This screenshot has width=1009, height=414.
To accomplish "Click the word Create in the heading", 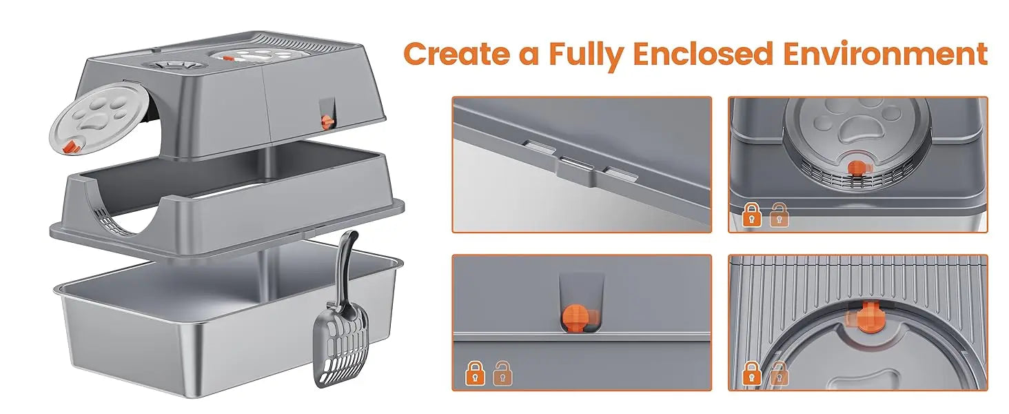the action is [x=457, y=54].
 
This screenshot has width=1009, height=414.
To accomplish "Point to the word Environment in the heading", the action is [x=886, y=54].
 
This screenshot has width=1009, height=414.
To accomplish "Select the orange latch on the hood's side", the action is [x=326, y=121].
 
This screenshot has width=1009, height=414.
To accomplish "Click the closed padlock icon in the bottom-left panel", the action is [x=476, y=373].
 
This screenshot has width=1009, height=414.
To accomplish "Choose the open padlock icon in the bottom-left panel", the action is [x=502, y=373].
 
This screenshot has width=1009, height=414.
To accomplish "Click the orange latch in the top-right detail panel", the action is [x=857, y=168].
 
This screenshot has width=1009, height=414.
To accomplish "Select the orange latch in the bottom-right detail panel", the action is [x=866, y=317].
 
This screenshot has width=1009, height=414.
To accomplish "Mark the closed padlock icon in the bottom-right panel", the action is [x=751, y=373].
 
